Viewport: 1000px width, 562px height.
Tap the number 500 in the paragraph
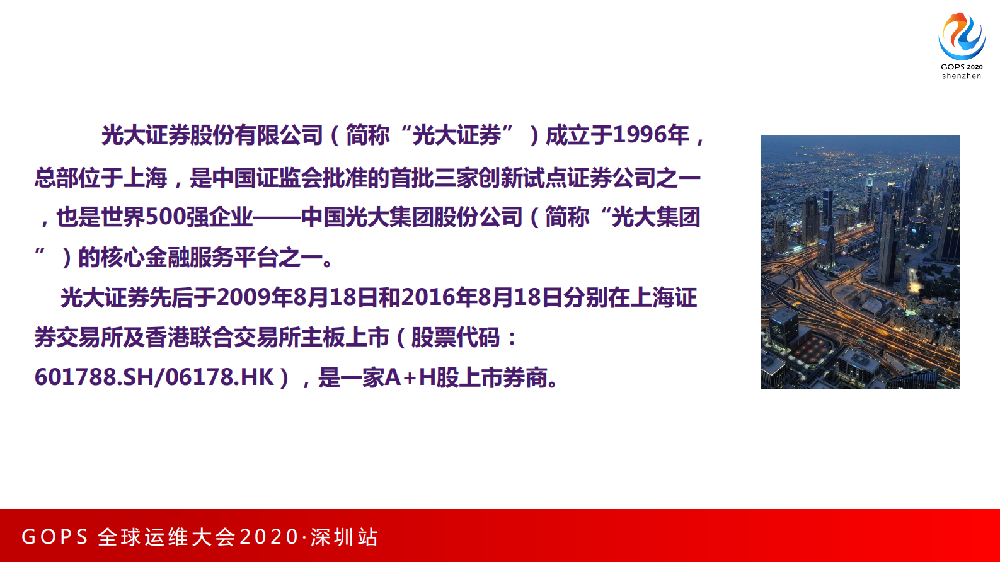pos(165,217)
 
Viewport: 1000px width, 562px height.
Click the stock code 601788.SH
pos(94,377)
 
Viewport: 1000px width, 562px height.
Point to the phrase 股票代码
pos(455,338)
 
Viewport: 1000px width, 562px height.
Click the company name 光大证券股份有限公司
pos(212,135)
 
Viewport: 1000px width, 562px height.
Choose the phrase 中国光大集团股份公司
pos(411,217)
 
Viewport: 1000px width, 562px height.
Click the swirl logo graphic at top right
pos(962,36)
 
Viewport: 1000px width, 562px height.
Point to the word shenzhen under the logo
pos(962,76)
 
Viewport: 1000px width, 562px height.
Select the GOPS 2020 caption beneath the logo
pos(962,67)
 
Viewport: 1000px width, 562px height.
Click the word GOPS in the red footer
pos(55,537)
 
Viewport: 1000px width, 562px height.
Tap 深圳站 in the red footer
pos(344,537)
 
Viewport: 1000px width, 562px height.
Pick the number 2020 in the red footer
pos(269,537)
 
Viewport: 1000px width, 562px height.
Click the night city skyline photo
pos(860,262)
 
